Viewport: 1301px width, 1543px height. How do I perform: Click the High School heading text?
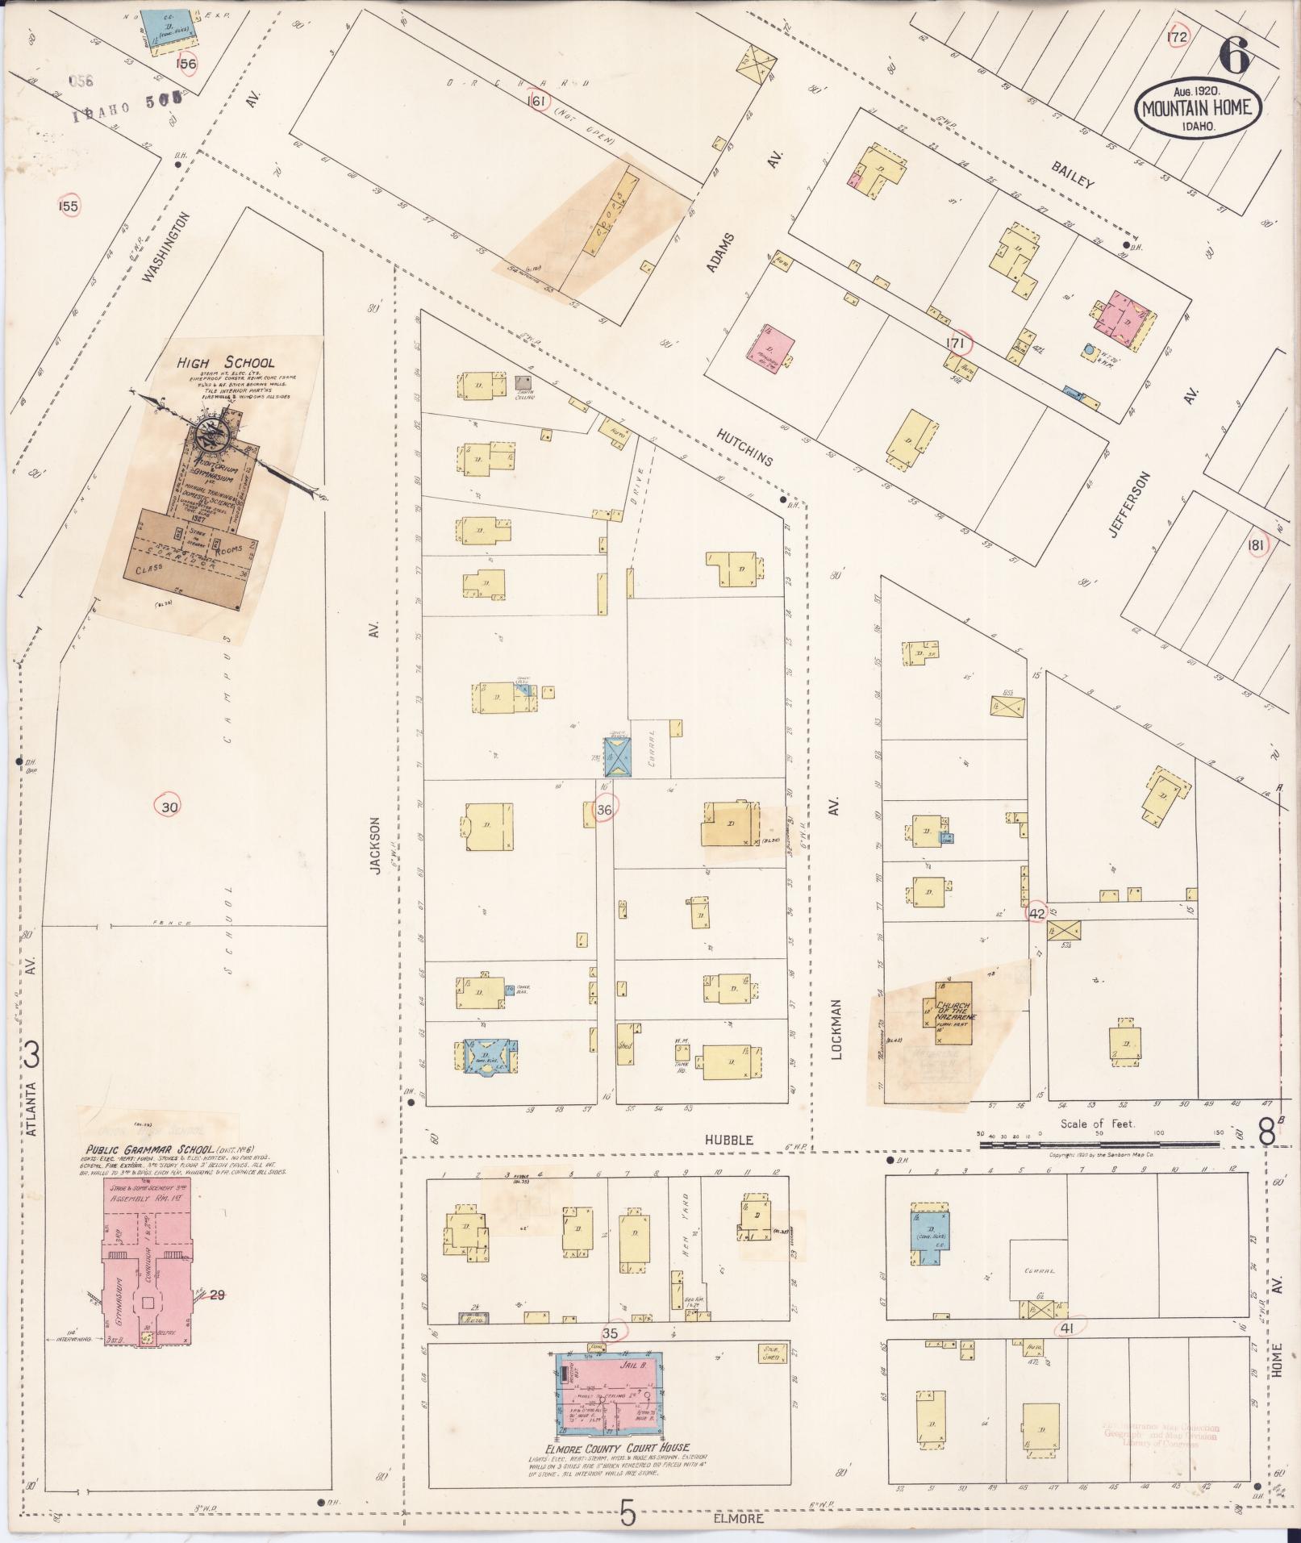225,363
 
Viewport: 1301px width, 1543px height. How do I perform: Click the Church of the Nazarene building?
954,1014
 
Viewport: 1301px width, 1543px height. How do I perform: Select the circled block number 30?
169,806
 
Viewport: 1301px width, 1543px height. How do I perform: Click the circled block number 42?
1036,914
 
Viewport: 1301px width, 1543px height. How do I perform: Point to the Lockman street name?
836,1028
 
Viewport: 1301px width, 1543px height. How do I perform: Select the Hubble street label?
728,1140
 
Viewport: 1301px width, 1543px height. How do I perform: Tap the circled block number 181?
1255,545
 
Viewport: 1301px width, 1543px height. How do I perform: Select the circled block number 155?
69,206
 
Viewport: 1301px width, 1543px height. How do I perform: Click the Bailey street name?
1072,173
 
